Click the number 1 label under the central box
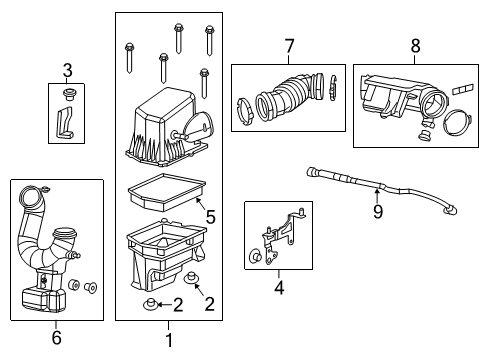click(x=168, y=340)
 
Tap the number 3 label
click(x=67, y=69)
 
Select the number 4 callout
click(x=279, y=289)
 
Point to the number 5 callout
click(x=210, y=216)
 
